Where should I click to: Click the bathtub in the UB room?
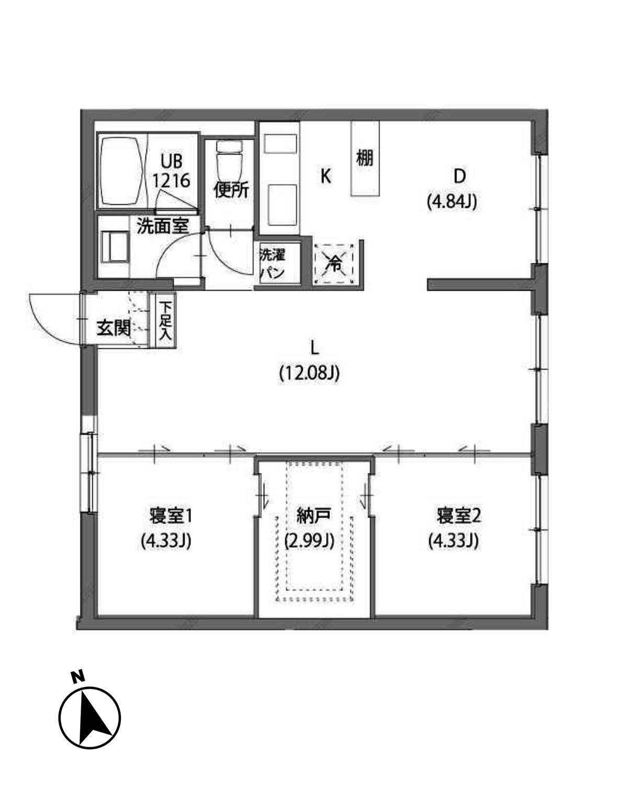click(x=121, y=172)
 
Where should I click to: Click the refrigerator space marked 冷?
click(x=334, y=263)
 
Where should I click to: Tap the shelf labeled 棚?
click(x=365, y=158)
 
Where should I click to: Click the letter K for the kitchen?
click(x=326, y=176)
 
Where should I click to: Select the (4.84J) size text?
click(x=452, y=202)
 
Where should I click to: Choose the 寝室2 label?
click(x=458, y=516)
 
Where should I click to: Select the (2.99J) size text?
click(x=309, y=540)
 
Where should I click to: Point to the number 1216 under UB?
click(x=171, y=181)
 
